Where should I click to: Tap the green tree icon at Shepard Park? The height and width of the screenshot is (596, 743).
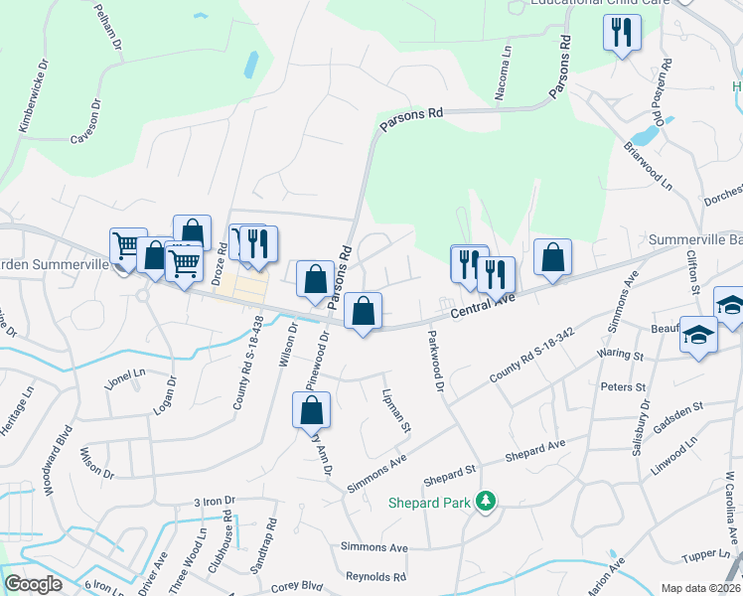pos(486,503)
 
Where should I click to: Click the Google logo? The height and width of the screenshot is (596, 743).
pos(33,584)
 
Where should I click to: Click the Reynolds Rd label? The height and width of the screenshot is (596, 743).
pos(376,576)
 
